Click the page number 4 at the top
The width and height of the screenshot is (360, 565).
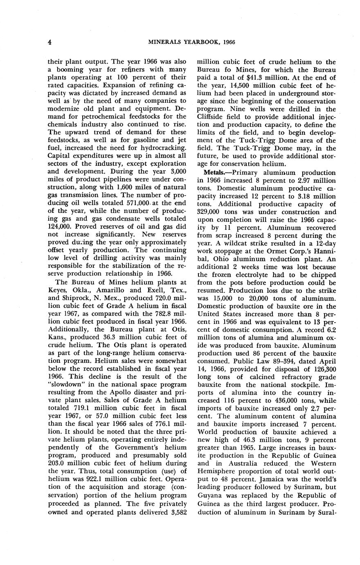pos(49,42)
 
